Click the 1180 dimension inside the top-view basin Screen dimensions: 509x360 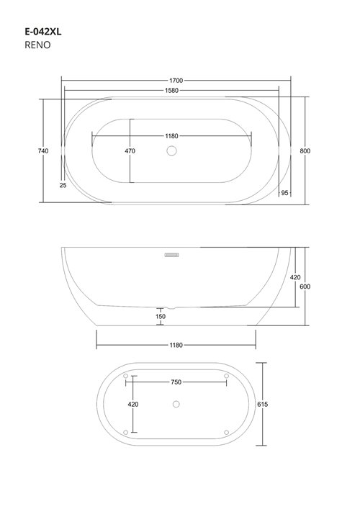click(x=171, y=136)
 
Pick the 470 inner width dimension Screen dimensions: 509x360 click(x=130, y=151)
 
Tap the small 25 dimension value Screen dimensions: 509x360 click(x=63, y=185)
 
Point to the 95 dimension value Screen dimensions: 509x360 click(x=284, y=193)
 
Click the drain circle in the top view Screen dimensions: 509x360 click(x=171, y=151)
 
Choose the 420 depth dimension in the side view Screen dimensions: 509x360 click(x=295, y=277)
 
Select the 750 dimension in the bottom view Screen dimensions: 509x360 click(x=176, y=382)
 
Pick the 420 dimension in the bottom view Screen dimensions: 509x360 click(x=132, y=405)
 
